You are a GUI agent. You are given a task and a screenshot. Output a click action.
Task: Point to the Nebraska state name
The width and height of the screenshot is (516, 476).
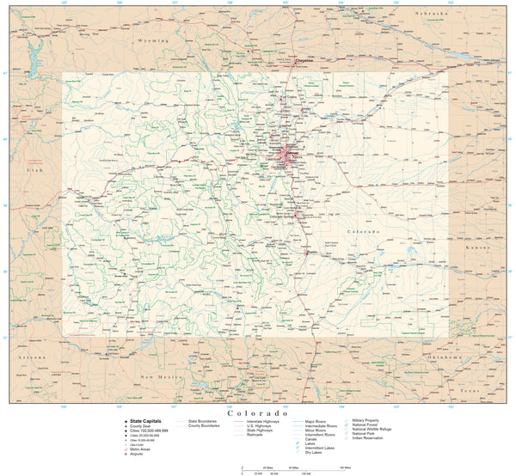[432, 15]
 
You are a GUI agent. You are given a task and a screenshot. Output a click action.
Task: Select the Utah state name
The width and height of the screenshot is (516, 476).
[34, 172]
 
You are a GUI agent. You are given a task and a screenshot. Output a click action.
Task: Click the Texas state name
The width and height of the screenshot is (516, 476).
[468, 390]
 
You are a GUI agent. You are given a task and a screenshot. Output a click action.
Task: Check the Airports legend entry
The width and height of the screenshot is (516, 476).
[140, 452]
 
